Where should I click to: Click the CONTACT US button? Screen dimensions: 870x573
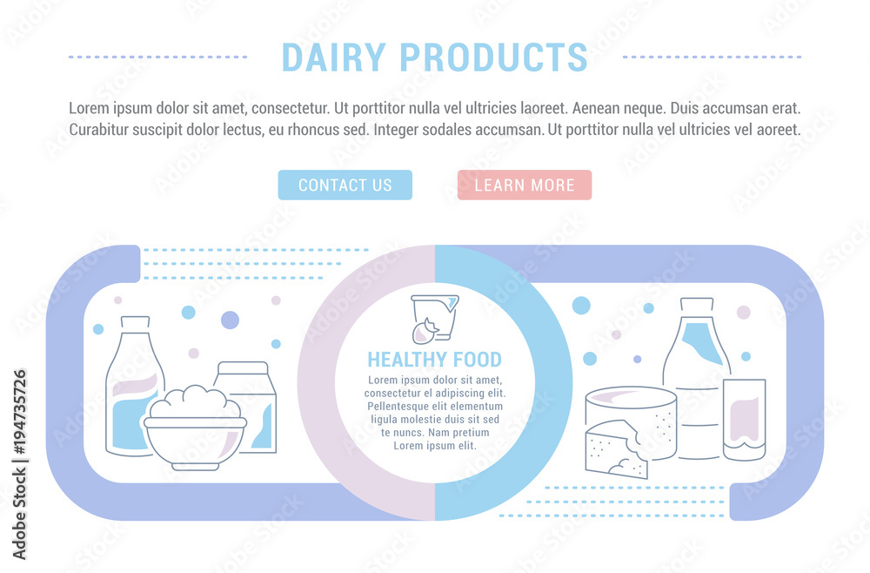coord(345,185)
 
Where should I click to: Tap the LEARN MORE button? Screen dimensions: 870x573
coord(525,185)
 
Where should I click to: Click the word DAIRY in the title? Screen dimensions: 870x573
coord(333,57)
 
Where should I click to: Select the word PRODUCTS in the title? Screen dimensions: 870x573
coord(493,57)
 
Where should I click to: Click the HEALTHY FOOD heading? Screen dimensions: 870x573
coord(434,360)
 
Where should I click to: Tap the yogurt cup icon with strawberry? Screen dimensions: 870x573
coord(434,319)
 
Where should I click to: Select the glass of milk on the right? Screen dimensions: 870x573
coord(744,420)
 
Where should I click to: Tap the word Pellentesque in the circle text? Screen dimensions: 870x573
coord(398,407)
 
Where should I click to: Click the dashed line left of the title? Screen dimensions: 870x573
coord(158,57)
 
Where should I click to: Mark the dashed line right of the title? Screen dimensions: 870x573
coord(712,57)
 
